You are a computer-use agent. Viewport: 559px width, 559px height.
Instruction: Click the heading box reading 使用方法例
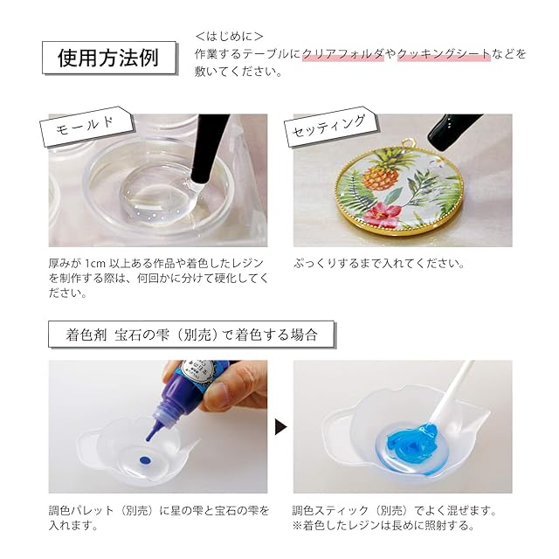[x=109, y=58]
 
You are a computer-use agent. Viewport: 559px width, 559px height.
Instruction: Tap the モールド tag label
[x=86, y=127]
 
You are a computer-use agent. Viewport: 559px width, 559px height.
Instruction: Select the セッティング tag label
[x=330, y=127]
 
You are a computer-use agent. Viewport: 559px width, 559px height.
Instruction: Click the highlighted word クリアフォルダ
[x=343, y=54]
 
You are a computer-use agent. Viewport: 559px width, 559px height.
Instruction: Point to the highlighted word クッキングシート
[x=444, y=54]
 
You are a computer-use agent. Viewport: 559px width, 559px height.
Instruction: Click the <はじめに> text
[x=229, y=36]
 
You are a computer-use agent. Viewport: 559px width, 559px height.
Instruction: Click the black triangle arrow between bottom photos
[x=280, y=426]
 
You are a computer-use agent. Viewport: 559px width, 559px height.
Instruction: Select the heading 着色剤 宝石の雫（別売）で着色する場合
[x=192, y=335]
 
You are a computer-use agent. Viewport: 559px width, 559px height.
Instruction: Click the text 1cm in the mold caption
[x=95, y=264]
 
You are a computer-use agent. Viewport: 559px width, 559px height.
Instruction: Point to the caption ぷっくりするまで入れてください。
[x=379, y=264]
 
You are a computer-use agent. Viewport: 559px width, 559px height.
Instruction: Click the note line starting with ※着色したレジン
[x=383, y=526]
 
